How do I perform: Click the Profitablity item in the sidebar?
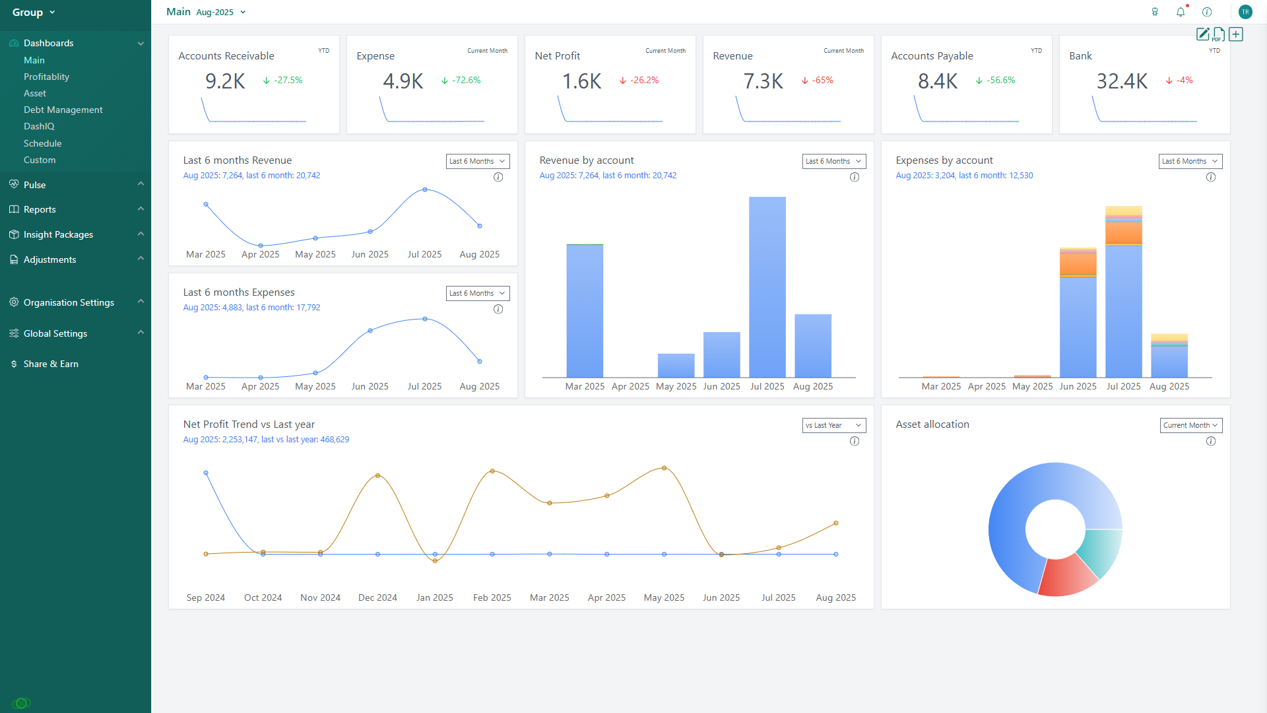click(46, 77)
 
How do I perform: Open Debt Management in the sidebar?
click(63, 110)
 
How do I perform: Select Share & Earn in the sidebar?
click(51, 364)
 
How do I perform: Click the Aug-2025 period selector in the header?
click(220, 13)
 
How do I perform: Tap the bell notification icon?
click(1181, 12)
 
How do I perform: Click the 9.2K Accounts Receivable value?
click(225, 81)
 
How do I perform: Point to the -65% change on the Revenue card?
click(822, 80)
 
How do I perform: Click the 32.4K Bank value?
click(1122, 81)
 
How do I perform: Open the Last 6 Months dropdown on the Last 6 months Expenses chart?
click(478, 293)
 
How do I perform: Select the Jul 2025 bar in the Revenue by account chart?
click(767, 287)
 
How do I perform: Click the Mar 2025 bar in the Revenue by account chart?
click(585, 310)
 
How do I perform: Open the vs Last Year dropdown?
click(833, 425)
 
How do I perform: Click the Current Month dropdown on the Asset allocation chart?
click(1190, 425)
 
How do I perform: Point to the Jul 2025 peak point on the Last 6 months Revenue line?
click(425, 189)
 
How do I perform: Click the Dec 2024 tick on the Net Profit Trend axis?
click(377, 597)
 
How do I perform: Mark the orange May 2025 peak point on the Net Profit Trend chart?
click(664, 468)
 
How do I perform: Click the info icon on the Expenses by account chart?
click(1211, 177)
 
